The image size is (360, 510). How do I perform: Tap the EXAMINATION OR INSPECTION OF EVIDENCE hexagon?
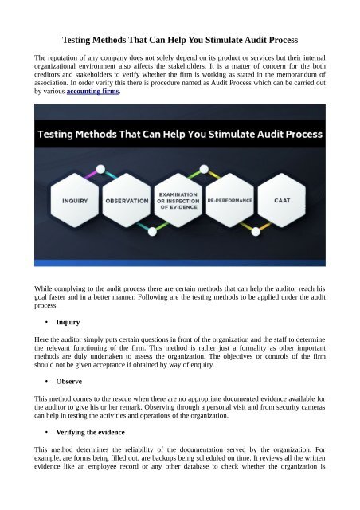[181, 201]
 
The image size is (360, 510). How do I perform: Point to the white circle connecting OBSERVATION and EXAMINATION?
[148, 229]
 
